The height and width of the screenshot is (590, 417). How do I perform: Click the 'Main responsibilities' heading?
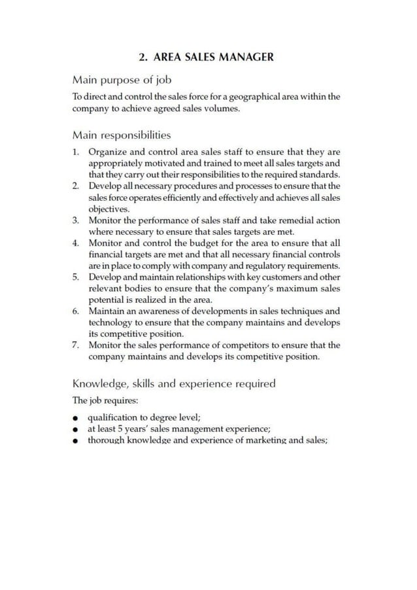point(122,135)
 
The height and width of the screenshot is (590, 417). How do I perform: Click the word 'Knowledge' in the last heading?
point(100,383)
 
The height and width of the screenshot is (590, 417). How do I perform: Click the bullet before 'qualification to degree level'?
point(76,418)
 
